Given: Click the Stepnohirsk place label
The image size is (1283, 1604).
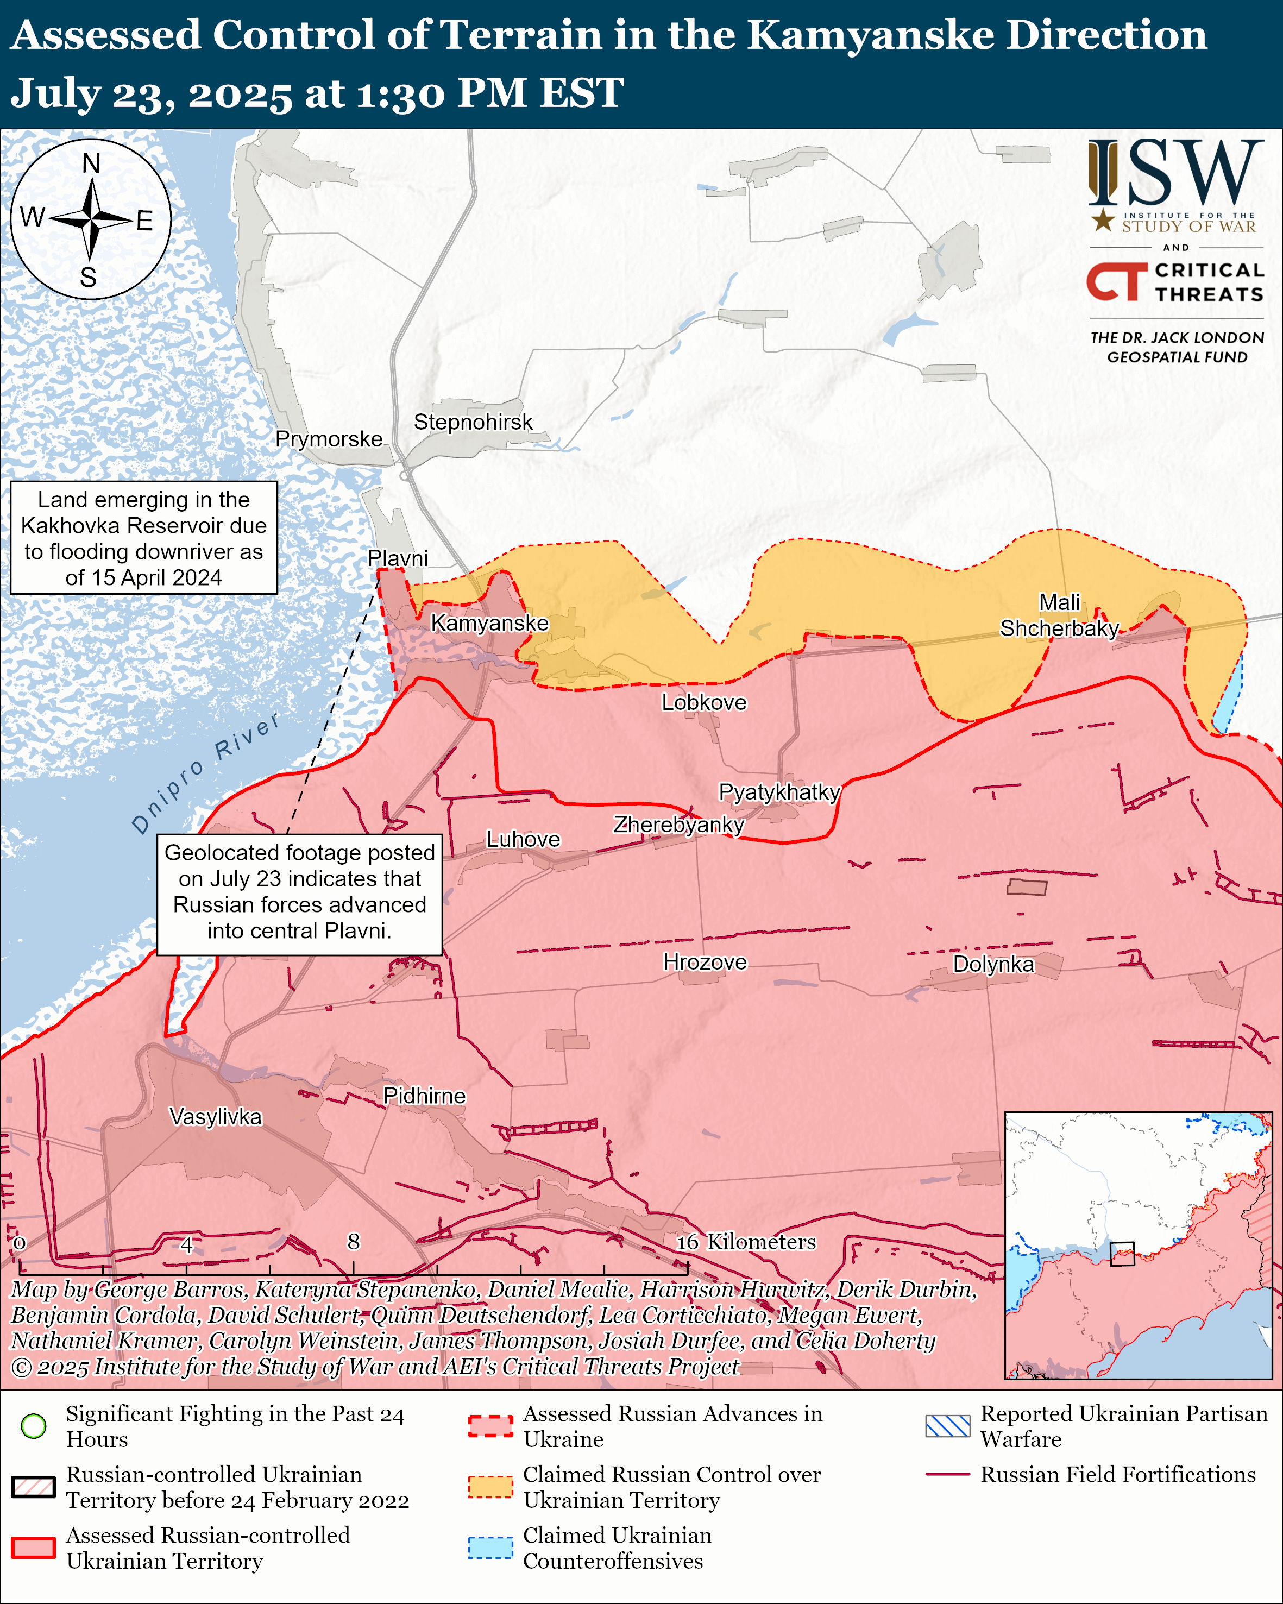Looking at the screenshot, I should coord(473,422).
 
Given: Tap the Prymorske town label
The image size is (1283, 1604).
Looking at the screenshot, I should coord(329,439).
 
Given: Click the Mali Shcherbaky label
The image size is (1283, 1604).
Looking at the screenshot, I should coord(1059,615).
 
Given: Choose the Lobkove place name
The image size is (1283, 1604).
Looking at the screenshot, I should coord(703,702).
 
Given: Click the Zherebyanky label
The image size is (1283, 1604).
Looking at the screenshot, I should coord(678,825).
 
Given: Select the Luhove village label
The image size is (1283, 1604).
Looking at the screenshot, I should coord(523,839).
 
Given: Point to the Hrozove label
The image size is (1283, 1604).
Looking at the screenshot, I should coord(705,962).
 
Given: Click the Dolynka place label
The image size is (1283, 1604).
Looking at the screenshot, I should coord(993,964).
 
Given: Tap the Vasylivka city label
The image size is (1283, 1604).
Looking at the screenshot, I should coord(216,1117).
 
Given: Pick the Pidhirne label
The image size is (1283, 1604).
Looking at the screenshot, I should coord(424,1096).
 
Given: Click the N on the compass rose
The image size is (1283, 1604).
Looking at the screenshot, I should coord(91,163).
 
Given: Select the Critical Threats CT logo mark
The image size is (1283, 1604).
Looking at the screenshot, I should coord(1116,281).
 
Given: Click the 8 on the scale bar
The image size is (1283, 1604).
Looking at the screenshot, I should coord(353,1241).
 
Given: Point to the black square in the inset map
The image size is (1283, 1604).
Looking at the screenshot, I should coord(1122,1254).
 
